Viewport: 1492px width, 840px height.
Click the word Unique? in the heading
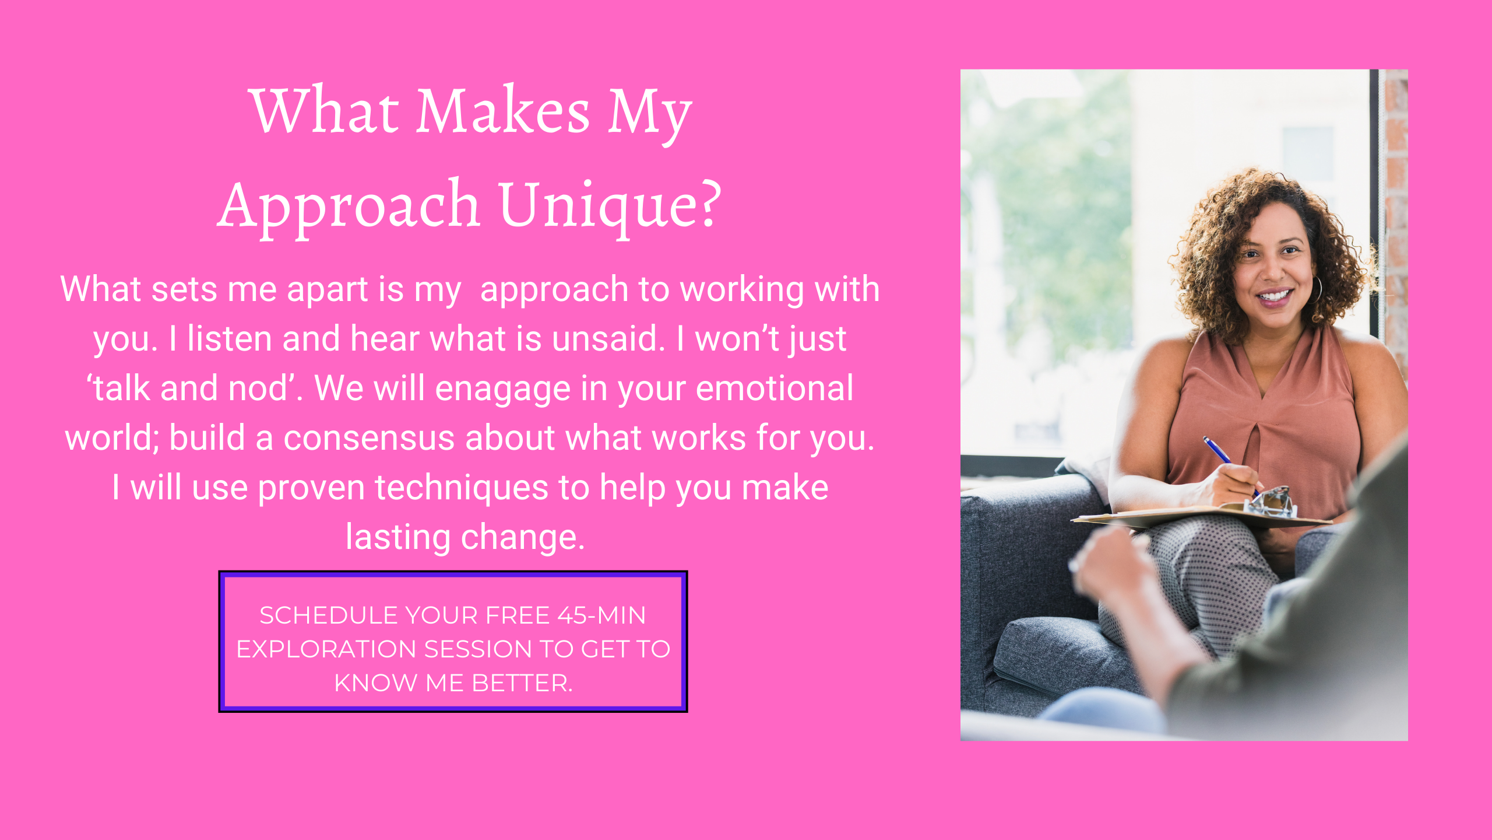click(x=610, y=205)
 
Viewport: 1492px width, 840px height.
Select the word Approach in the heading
click(x=349, y=205)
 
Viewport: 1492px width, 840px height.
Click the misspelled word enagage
click(x=502, y=390)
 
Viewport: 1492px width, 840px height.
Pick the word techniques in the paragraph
click(x=461, y=488)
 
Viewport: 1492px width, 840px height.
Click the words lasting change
click(x=465, y=537)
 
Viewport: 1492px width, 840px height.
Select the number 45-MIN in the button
click(x=601, y=615)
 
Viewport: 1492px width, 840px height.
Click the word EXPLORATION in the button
click(x=326, y=649)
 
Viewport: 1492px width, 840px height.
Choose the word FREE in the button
click(x=518, y=615)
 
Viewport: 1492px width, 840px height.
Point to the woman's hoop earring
click(x=1316, y=289)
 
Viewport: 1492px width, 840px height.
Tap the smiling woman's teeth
click(x=1273, y=296)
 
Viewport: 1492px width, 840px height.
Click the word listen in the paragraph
click(x=230, y=338)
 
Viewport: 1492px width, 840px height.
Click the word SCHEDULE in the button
click(x=328, y=615)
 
